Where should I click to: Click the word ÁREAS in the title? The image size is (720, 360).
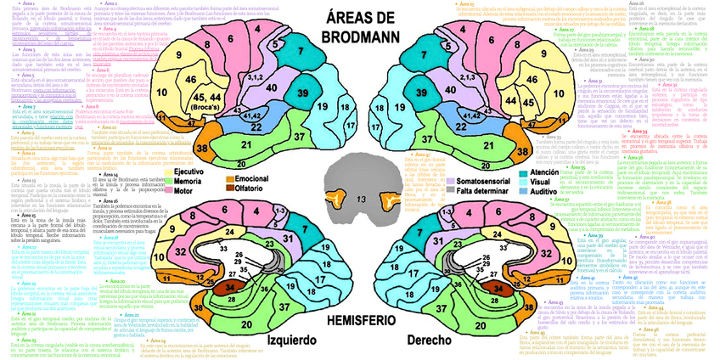coord(360,19)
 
